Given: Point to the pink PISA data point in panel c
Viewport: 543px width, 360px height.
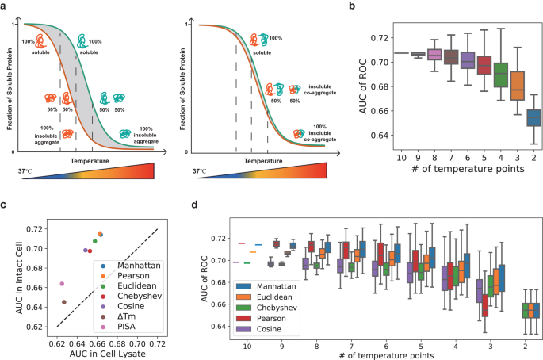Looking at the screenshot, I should (61, 284).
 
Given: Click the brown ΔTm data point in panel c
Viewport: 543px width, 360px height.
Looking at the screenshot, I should (63, 302).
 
